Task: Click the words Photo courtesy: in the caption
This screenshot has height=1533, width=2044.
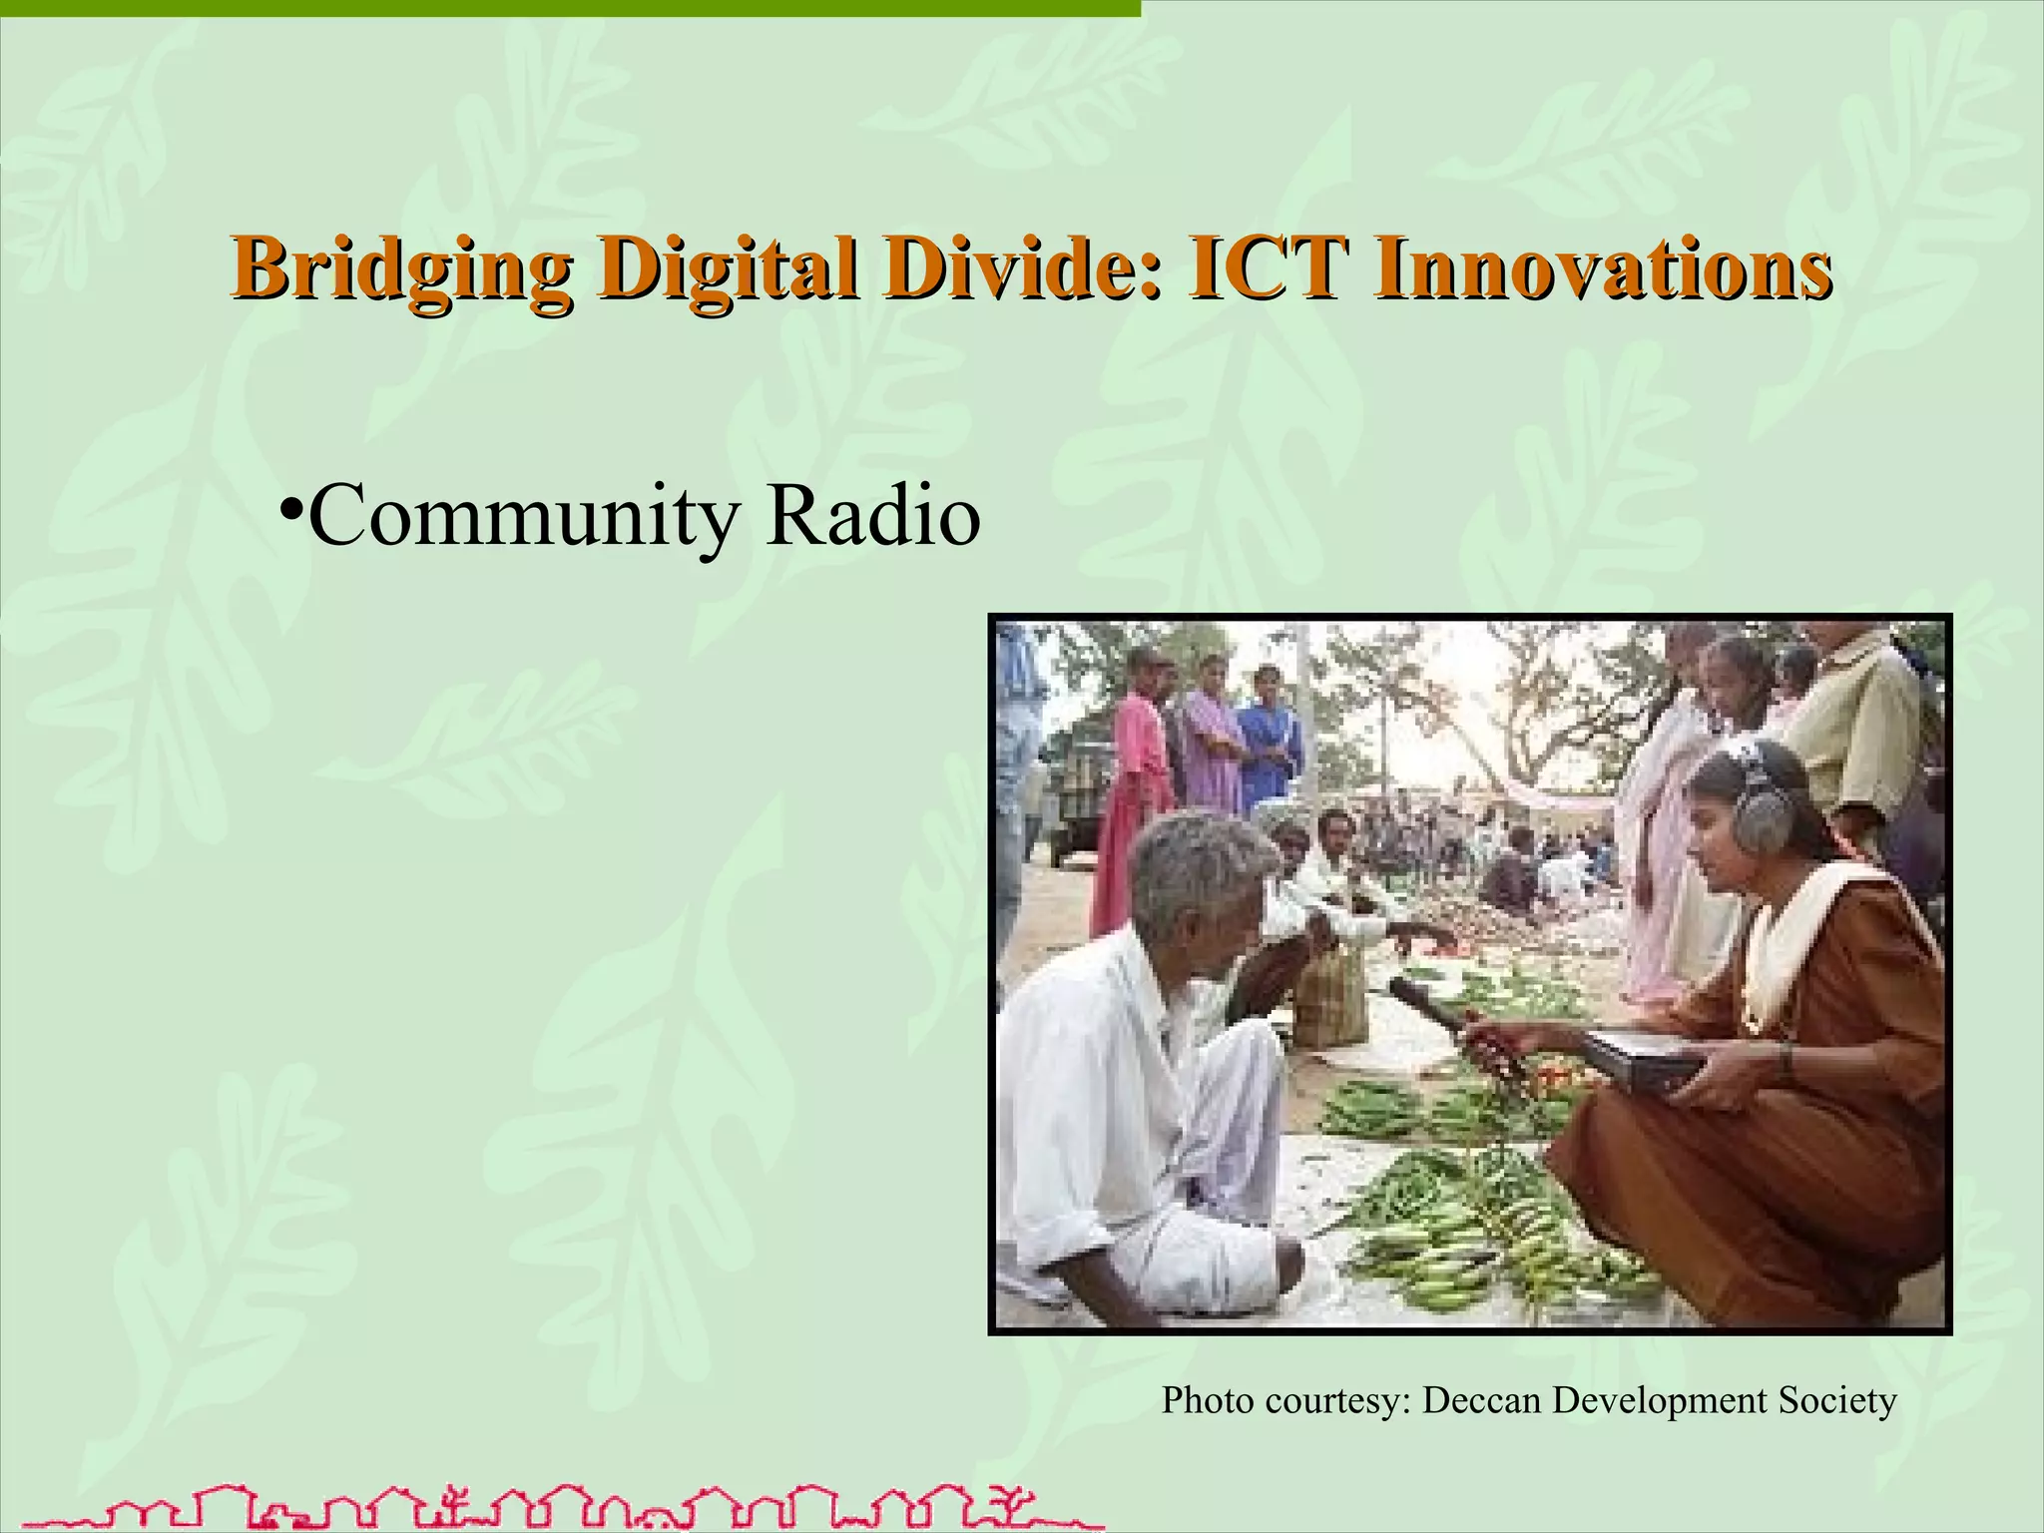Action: coord(1287,1402)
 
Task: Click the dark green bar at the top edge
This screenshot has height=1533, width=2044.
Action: coord(569,8)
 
